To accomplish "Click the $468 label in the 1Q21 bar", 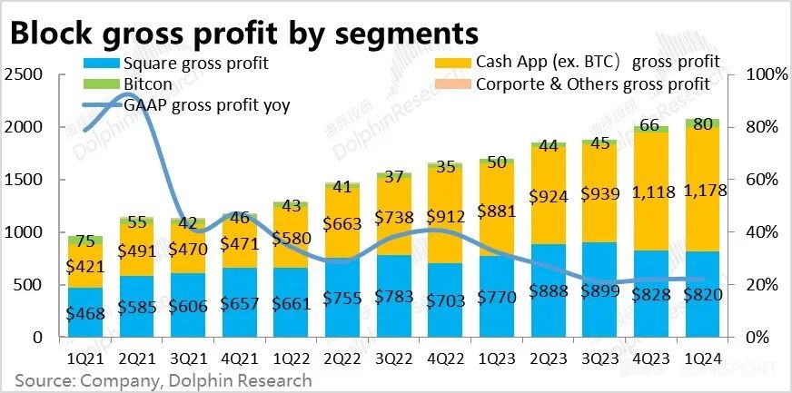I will (84, 313).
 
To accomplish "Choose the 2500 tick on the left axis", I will (24, 74).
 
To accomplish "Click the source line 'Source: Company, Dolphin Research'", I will (163, 380).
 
